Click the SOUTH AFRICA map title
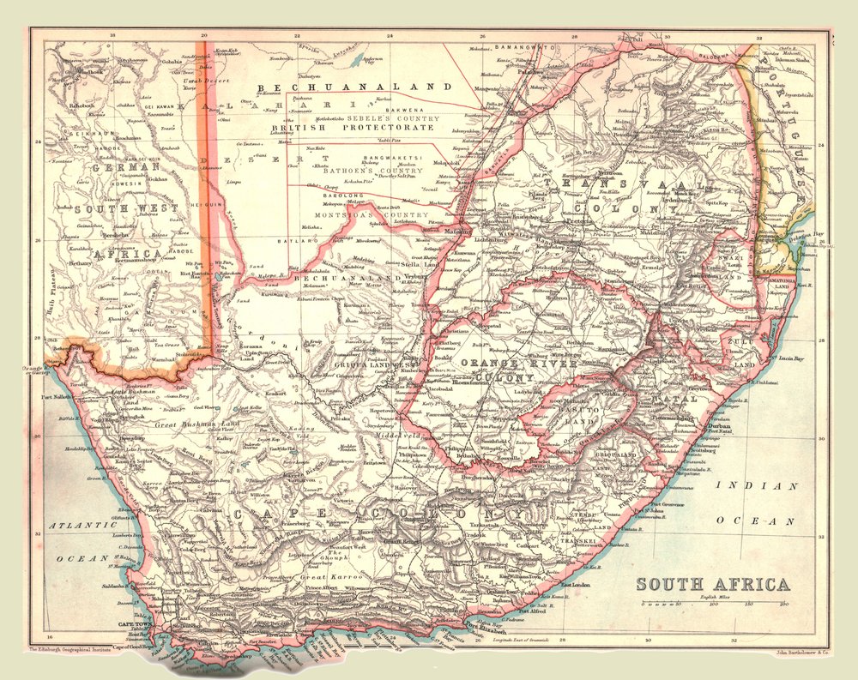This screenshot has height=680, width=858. (x=712, y=585)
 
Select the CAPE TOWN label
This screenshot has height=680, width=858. (x=133, y=625)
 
